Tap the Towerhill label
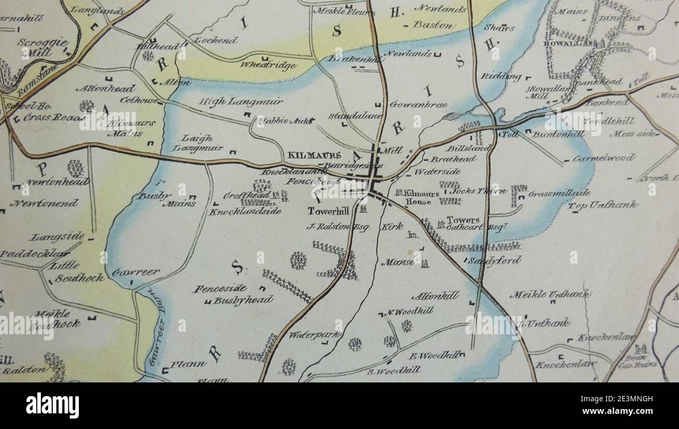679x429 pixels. [327, 211]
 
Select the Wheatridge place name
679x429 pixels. [268, 65]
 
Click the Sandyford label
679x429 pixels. [494, 260]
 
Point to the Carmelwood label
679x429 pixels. [603, 158]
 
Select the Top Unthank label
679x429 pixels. [603, 205]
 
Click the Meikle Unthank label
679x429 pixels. [549, 295]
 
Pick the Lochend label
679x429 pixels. [216, 40]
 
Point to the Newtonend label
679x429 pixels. [44, 203]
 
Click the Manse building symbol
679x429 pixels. [424, 263]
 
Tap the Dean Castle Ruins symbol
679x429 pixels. [640, 349]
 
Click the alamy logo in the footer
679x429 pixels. [52, 405]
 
